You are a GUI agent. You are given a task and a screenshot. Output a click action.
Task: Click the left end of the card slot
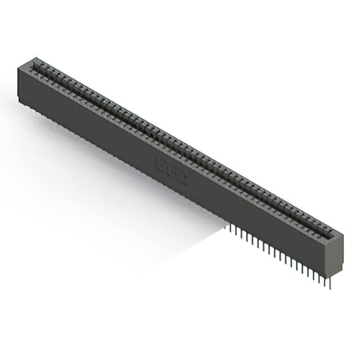(x=37, y=66)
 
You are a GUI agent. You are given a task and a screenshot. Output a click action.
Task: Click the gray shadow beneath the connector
(x=186, y=242)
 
